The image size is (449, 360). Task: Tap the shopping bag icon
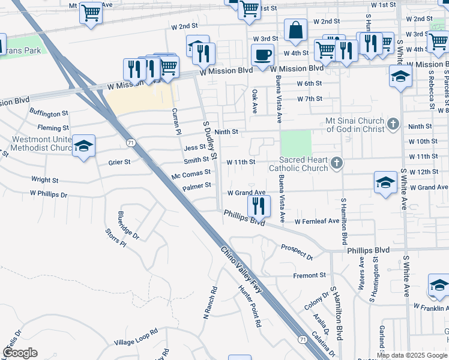[x=296, y=30]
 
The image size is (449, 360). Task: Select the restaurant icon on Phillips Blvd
[x=259, y=206]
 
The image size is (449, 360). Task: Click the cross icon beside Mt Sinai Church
[x=393, y=124]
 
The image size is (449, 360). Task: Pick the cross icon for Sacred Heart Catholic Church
[x=337, y=162]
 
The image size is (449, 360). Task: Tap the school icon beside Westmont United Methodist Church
[x=84, y=146]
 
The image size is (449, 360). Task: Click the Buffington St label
[x=49, y=113]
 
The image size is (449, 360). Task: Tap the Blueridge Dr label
[x=128, y=226]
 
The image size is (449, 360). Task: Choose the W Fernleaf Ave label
[x=316, y=221]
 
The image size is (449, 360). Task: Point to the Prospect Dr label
[x=297, y=252]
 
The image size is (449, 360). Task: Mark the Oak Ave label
[x=255, y=103]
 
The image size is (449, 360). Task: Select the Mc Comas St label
[x=191, y=173]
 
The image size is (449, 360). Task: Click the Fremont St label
[x=309, y=275]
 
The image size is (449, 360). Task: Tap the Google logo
[x=20, y=353]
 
